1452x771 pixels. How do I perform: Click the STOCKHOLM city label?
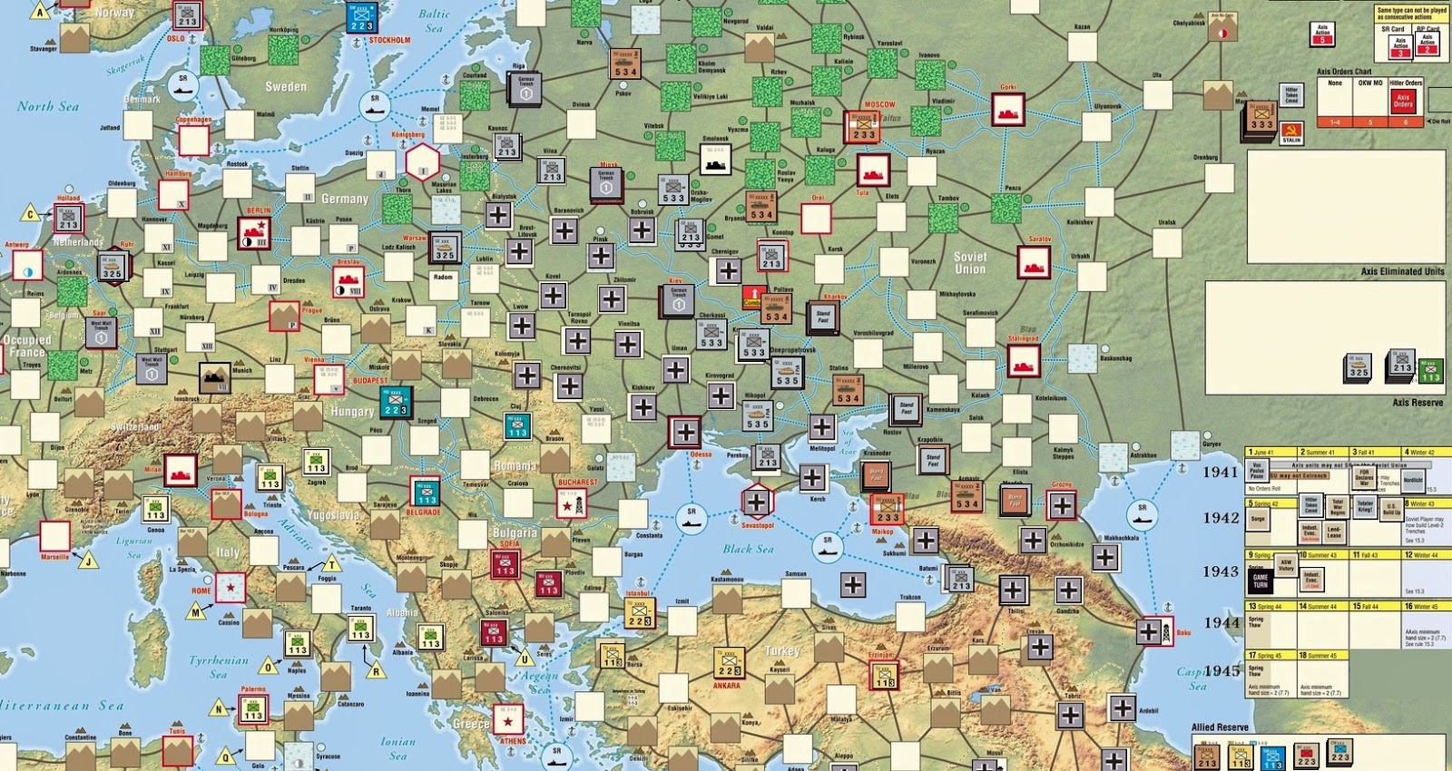pyautogui.click(x=389, y=40)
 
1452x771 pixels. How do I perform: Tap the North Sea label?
pyautogui.click(x=48, y=106)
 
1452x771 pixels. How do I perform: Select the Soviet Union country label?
pyautogui.click(x=969, y=263)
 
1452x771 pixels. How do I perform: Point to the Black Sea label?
pyautogui.click(x=748, y=549)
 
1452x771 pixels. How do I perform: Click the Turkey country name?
pyautogui.click(x=781, y=650)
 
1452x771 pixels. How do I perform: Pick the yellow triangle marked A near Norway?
pyautogui.click(x=40, y=12)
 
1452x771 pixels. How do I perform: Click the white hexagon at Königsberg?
pyautogui.click(x=422, y=164)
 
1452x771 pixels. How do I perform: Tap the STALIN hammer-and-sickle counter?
pyautogui.click(x=1291, y=134)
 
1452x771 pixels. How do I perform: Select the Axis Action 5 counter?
pyautogui.click(x=1322, y=34)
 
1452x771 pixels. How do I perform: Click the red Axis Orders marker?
pyautogui.click(x=1403, y=101)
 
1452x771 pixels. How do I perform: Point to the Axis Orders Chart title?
pyautogui.click(x=1344, y=71)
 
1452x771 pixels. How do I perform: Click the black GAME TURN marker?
pyautogui.click(x=1261, y=581)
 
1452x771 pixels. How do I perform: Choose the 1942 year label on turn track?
pyautogui.click(x=1221, y=518)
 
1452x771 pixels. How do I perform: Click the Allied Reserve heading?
pyautogui.click(x=1220, y=727)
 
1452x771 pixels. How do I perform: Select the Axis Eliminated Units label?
pyautogui.click(x=1402, y=271)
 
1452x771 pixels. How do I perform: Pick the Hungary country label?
pyautogui.click(x=352, y=411)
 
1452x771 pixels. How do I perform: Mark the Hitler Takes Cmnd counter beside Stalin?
pyautogui.click(x=1291, y=94)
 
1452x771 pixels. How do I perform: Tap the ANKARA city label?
pyautogui.click(x=726, y=686)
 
